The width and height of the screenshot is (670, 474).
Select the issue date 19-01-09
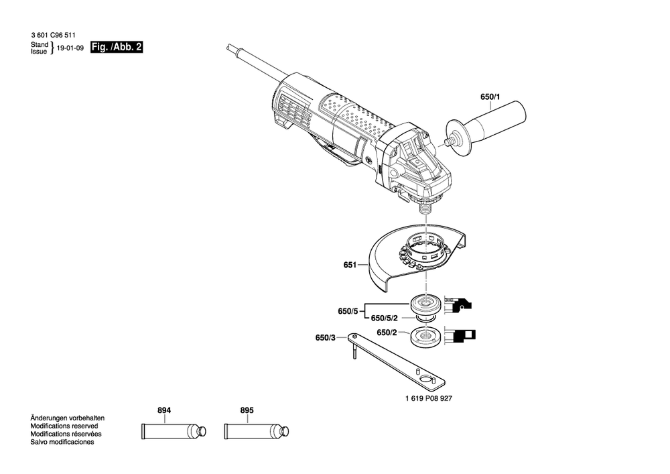coord(70,48)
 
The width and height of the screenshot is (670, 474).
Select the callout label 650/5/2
coord(385,318)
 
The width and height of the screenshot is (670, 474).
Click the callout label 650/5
coord(346,311)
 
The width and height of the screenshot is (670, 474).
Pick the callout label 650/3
coord(325,338)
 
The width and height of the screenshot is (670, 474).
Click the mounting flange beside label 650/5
coord(424,305)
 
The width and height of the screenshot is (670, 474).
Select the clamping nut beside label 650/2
coord(425,337)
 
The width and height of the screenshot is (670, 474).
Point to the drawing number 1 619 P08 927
coord(429,398)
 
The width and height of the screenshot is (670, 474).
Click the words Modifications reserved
coord(64,426)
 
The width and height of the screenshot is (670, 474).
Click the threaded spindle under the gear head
coord(423,209)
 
